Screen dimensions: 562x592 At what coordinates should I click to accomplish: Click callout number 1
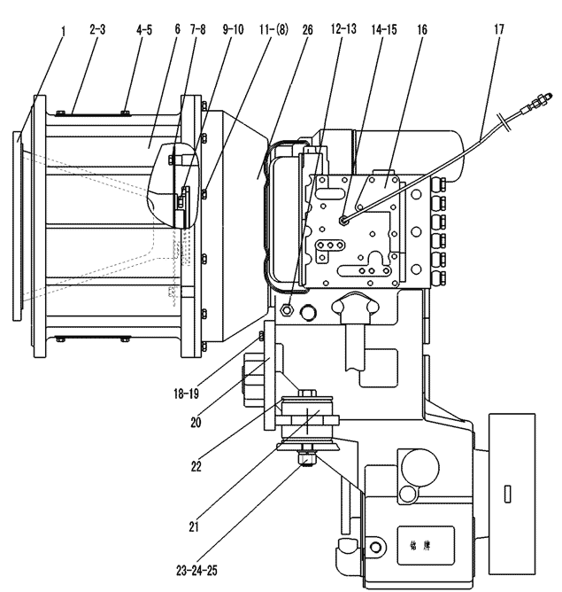click(64, 31)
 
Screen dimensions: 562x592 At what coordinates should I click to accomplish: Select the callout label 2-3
click(97, 29)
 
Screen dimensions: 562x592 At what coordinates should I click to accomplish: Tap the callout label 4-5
click(144, 30)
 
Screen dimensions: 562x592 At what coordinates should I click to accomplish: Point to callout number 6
click(178, 29)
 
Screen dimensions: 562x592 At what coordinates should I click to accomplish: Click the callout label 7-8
click(198, 29)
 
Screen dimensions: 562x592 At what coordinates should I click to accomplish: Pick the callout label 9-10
click(233, 29)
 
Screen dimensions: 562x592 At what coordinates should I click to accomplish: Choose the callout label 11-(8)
click(273, 29)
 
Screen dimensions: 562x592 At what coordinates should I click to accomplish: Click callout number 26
click(308, 30)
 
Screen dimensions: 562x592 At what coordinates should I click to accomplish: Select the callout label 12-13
click(343, 29)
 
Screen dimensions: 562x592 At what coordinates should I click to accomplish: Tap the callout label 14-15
click(384, 29)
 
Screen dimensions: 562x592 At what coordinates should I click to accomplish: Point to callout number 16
click(422, 29)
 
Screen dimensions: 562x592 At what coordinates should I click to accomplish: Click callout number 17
click(498, 29)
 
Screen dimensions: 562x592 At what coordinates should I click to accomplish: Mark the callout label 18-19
click(186, 394)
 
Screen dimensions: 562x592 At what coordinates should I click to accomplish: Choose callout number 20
click(196, 423)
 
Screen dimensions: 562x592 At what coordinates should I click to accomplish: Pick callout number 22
click(196, 467)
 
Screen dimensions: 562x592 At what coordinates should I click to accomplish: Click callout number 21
click(194, 526)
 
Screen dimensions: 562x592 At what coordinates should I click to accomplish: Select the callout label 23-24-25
click(196, 571)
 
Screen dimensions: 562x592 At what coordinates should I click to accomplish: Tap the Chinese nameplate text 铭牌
click(420, 546)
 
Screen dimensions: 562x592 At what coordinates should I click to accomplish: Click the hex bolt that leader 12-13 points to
click(288, 310)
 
